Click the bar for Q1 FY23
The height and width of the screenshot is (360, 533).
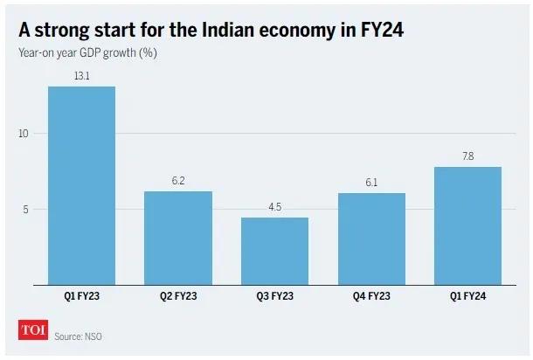point(81,185)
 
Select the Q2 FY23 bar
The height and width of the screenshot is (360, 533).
point(178,238)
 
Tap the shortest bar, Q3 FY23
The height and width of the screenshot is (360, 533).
point(274,252)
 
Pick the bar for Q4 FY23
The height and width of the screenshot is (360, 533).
point(371,239)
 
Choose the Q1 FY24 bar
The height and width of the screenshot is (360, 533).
point(467,225)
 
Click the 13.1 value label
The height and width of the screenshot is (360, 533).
point(82,76)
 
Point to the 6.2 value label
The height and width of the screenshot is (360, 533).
point(178,181)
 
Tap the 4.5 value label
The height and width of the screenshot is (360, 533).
point(274,207)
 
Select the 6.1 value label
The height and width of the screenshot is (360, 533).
point(371,183)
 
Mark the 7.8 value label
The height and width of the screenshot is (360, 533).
point(468,156)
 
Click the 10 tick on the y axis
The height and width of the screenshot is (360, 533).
point(23,134)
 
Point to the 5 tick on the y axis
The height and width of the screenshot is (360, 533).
point(25,210)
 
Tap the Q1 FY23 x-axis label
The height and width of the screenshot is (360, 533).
point(81,296)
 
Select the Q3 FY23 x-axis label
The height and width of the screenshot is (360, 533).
point(274,296)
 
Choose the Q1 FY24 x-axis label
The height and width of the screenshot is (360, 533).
point(467,296)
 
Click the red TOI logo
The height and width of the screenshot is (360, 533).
point(33,329)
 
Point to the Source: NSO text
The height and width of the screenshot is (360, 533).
point(78,336)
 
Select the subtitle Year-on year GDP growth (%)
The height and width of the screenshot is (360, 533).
point(87,53)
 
